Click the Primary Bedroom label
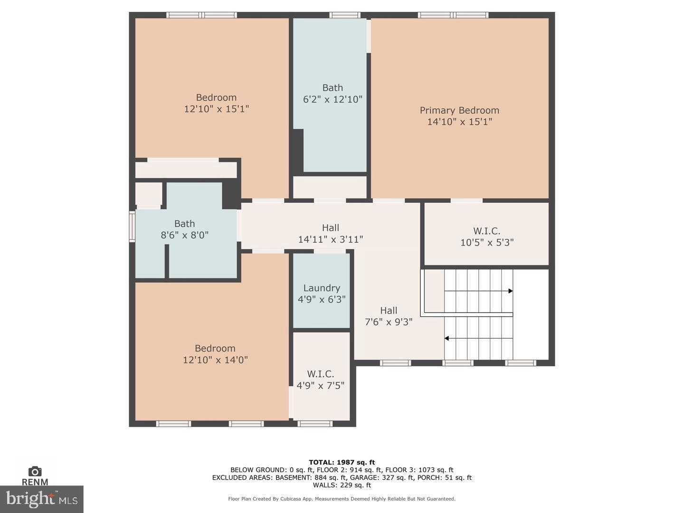tap(459, 110)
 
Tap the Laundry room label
tap(322, 288)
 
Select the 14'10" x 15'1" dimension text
tap(459, 122)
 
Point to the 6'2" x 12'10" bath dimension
tap(332, 99)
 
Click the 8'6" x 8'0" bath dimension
tap(184, 235)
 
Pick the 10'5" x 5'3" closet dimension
tap(487, 242)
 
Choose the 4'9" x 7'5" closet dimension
tap(320, 386)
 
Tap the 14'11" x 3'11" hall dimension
tap(330, 239)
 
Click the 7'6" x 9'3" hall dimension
tap(389, 322)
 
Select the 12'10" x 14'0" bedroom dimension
tap(215, 360)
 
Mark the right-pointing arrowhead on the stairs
tap(511, 291)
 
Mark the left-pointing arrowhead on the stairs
tap(446, 338)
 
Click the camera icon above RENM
tap(35, 471)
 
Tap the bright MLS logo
tap(41, 499)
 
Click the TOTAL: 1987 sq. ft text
tap(342, 462)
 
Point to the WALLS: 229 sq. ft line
tap(342, 485)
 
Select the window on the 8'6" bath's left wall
tap(132, 227)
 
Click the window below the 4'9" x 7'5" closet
tap(315, 424)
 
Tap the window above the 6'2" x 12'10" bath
tap(345, 15)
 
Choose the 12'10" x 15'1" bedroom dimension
tap(216, 109)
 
